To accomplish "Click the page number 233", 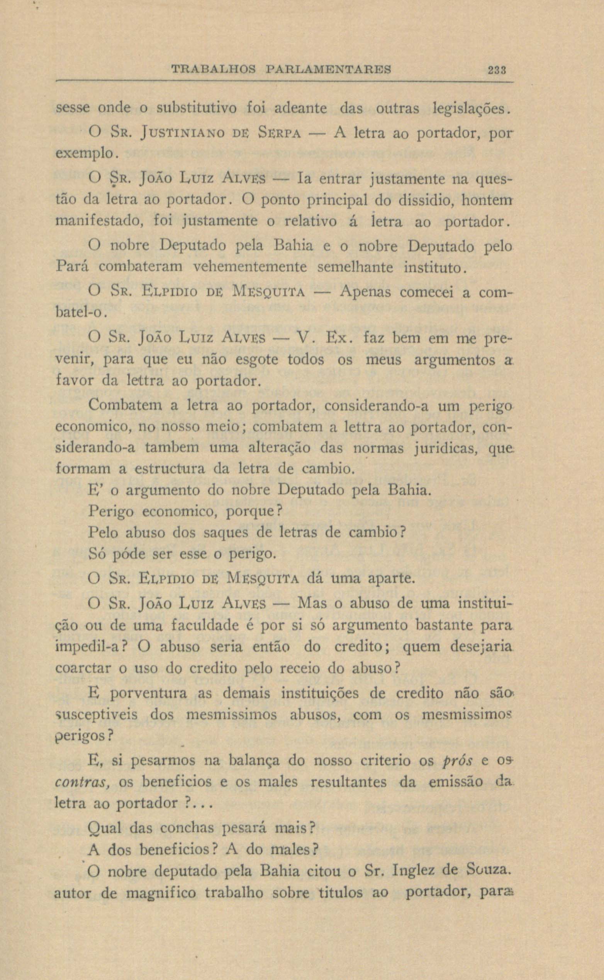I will [x=497, y=70].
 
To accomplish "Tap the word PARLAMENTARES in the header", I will [x=328, y=70].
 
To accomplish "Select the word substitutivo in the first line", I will [x=197, y=108].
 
